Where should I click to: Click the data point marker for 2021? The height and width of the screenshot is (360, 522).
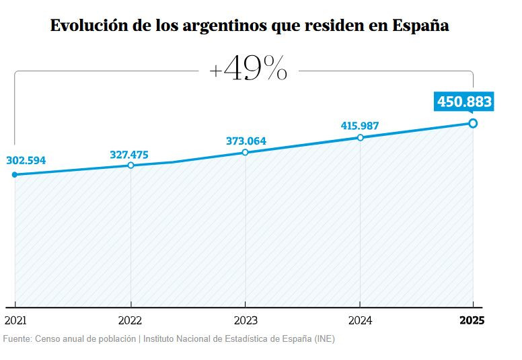pyautogui.click(x=15, y=175)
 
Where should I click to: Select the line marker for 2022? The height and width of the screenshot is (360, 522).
pyautogui.click(x=130, y=165)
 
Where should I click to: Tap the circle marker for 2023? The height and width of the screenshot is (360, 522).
pyautogui.click(x=245, y=152)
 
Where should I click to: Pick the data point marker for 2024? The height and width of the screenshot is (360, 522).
pyautogui.click(x=361, y=137)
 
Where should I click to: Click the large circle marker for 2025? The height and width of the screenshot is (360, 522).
pyautogui.click(x=473, y=123)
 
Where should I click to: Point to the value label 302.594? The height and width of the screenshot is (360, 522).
pyautogui.click(x=26, y=161)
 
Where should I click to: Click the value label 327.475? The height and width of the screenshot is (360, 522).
pyautogui.click(x=129, y=155)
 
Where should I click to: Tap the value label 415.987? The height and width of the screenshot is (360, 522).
pyautogui.click(x=360, y=126)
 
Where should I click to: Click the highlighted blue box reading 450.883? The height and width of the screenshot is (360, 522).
pyautogui.click(x=465, y=102)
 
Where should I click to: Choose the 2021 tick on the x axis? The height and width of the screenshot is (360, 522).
pyautogui.click(x=15, y=321)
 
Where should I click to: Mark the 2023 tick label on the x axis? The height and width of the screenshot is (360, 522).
pyautogui.click(x=245, y=321)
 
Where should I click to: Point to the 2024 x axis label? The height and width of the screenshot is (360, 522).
pyautogui.click(x=360, y=321)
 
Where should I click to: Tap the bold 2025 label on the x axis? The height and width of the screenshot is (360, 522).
pyautogui.click(x=472, y=321)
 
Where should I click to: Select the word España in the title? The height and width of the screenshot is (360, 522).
pyautogui.click(x=422, y=27)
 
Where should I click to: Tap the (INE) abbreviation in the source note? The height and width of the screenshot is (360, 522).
pyautogui.click(x=324, y=339)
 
